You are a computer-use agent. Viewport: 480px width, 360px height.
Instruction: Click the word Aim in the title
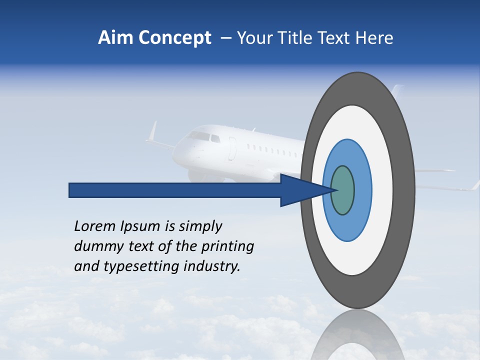pyautogui.click(x=115, y=38)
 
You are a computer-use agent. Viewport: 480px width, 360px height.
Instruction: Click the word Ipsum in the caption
pyautogui.click(x=138, y=226)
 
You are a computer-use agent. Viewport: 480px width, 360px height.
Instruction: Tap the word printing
pyautogui.click(x=227, y=247)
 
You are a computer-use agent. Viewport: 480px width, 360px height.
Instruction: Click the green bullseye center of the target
pyautogui.click(x=343, y=190)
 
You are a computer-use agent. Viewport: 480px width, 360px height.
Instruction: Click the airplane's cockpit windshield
pyautogui.click(x=199, y=135)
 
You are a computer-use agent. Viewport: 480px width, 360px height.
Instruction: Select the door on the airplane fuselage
pyautogui.click(x=232, y=149)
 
